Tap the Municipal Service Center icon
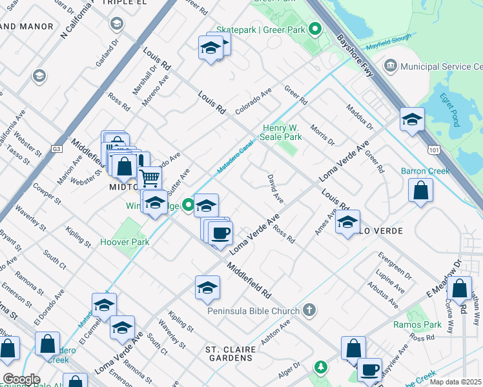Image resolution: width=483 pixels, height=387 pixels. [x=391, y=66]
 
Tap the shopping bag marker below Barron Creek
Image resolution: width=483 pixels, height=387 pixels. [x=420, y=191]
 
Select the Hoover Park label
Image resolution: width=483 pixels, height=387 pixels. [x=125, y=243]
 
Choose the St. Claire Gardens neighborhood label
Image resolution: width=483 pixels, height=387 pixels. [x=231, y=354]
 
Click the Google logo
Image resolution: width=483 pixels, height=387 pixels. [x=21, y=379]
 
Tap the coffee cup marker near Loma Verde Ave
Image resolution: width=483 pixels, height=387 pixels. [x=220, y=232]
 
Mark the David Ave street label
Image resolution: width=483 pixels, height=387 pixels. [x=276, y=186]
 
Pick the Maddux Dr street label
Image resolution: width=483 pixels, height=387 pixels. [x=360, y=116]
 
